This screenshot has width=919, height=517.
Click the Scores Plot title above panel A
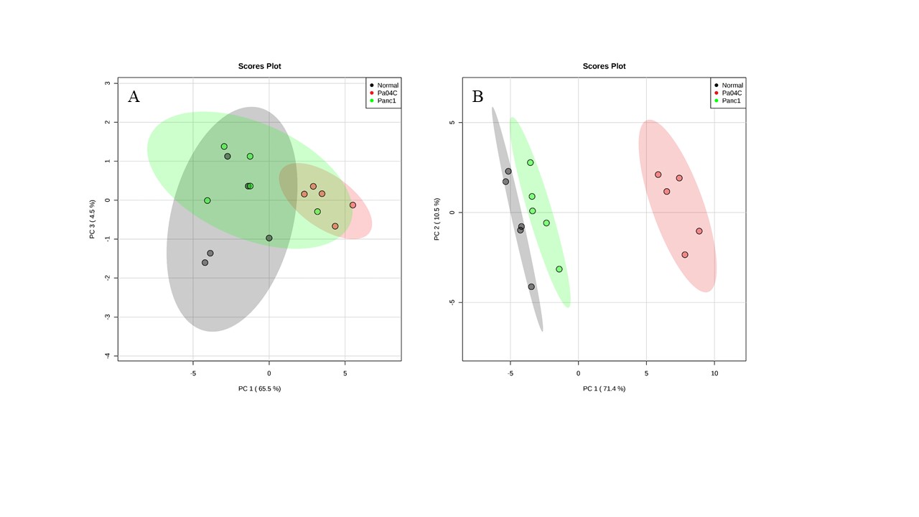[259, 66]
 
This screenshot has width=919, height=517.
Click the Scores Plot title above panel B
[604, 66]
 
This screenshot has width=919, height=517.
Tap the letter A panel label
[134, 97]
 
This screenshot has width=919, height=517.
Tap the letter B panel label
[477, 97]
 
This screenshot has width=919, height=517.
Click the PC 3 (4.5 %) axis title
[93, 219]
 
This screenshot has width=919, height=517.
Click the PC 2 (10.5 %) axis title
[437, 219]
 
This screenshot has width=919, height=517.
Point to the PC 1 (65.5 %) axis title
[259, 388]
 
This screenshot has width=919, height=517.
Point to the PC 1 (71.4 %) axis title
[604, 388]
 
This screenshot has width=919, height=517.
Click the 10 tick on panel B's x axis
[714, 373]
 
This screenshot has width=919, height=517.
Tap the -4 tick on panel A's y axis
[107, 355]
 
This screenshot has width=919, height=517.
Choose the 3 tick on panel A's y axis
[107, 83]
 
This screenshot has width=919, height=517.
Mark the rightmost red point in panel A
[353, 205]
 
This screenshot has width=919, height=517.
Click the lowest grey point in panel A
[205, 263]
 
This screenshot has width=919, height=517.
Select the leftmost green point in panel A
[207, 201]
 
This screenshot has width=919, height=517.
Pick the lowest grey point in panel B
[531, 287]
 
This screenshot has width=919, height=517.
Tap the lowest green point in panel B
[559, 269]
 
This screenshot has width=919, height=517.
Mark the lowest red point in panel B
[685, 255]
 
